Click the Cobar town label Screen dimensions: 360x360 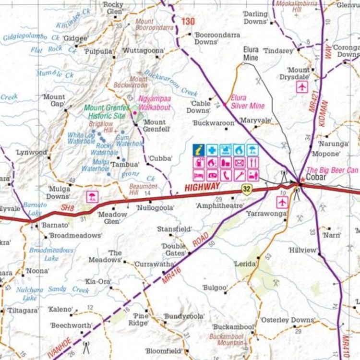pyautogui.click(x=316, y=178)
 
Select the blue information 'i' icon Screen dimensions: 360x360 pyautogui.click(x=199, y=150)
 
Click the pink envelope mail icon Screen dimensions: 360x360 pyautogui.click(x=240, y=163)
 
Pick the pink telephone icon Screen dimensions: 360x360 pyautogui.click(x=226, y=175)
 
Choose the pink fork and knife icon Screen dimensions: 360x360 pyautogui.click(x=253, y=163)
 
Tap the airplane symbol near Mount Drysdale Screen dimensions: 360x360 pyautogui.click(x=302, y=87)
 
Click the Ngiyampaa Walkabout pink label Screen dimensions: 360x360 pyautogui.click(x=155, y=103)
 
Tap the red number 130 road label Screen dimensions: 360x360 pyautogui.click(x=189, y=22)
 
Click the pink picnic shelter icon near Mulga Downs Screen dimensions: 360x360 pyautogui.click(x=90, y=196)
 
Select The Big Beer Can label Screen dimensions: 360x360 pyautogui.click(x=332, y=170)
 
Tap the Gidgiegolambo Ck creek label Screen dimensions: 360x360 pyautogui.click(x=32, y=37)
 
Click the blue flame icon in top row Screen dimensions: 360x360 pyautogui.click(x=240, y=150)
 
